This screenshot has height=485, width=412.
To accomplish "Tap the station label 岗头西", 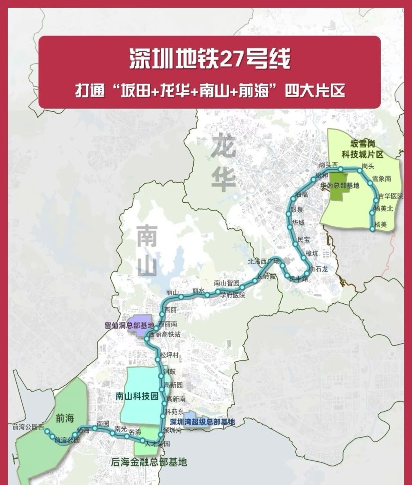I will point(329,165).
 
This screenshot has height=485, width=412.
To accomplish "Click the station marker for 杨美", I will point(373,229).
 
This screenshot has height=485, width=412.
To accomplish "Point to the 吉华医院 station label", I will point(391,196).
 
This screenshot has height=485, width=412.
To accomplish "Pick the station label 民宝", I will point(303,239).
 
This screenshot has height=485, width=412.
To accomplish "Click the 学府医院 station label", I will point(233,295).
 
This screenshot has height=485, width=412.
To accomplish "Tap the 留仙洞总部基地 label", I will point(129,326).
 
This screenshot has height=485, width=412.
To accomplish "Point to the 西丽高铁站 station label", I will point(165,334).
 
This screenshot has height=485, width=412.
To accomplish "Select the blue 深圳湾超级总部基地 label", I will point(203,422).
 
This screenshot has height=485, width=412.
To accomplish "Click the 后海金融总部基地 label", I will point(149,463).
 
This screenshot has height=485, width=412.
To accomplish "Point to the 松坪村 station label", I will point(169,355).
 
